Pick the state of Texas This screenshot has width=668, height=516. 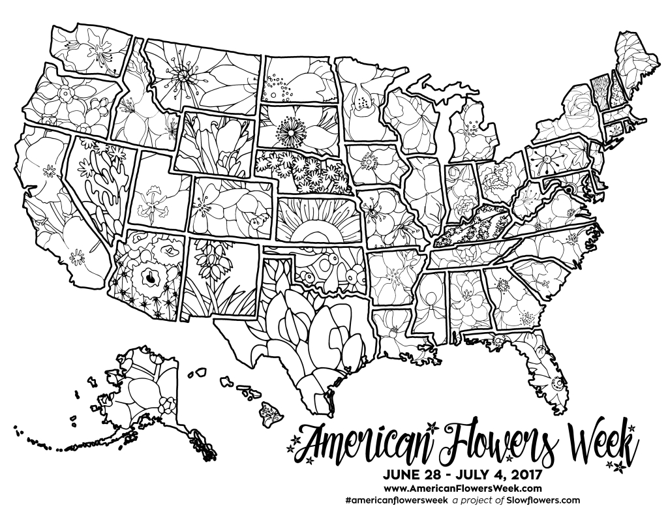point(294,326)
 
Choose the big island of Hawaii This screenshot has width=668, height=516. point(269,412)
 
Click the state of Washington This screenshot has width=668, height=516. point(85,46)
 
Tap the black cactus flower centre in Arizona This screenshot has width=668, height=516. point(149,277)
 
